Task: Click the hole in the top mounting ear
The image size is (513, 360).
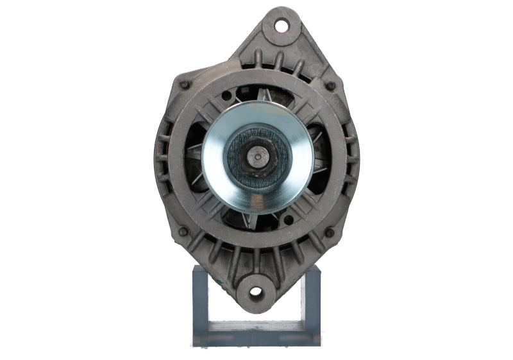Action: [282, 26]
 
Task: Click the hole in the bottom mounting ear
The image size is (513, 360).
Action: [256, 293]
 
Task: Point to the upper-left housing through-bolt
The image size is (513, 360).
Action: [185, 84]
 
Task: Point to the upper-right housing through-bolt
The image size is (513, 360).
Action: [331, 85]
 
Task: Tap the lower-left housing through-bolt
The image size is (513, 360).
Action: [183, 231]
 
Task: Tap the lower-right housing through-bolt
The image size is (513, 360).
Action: [330, 232]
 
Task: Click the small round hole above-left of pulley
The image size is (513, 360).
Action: [226, 97]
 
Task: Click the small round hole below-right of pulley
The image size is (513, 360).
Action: [289, 220]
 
